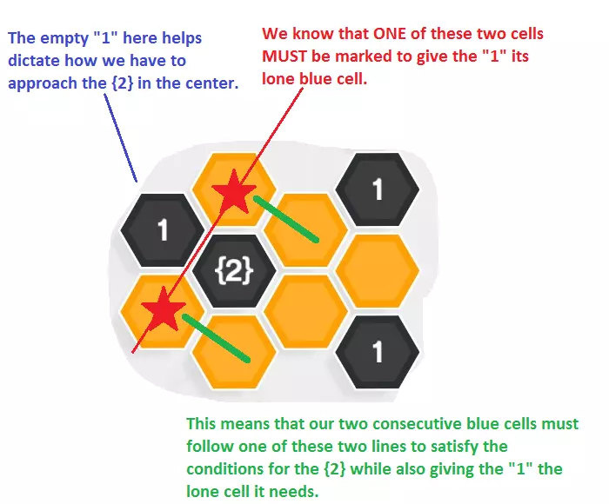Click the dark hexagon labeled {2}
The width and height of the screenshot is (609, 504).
point(234,271)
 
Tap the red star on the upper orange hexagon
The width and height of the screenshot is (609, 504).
point(232,194)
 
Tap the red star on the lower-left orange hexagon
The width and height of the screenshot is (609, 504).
point(163,309)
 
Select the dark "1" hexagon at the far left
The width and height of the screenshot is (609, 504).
point(162,231)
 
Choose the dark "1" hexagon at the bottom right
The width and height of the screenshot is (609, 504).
point(377,351)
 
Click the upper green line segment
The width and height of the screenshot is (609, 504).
point(286,218)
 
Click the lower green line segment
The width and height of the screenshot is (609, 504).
point(217,340)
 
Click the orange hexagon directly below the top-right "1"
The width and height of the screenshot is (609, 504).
point(377,270)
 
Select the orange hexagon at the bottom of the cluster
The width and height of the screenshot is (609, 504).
point(233,351)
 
